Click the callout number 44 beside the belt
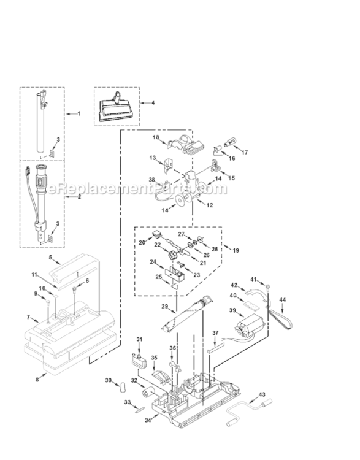click(282, 300)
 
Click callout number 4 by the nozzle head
click(153, 102)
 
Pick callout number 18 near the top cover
click(156, 137)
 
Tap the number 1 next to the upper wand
click(79, 113)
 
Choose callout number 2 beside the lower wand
click(79, 197)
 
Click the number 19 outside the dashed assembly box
click(236, 250)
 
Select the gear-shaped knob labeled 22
click(173, 255)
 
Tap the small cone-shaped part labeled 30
click(122, 388)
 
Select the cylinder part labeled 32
click(150, 393)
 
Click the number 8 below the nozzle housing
click(37, 380)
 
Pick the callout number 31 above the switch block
click(139, 339)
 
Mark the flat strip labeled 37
click(216, 351)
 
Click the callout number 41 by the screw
click(253, 279)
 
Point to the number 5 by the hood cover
click(50, 257)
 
